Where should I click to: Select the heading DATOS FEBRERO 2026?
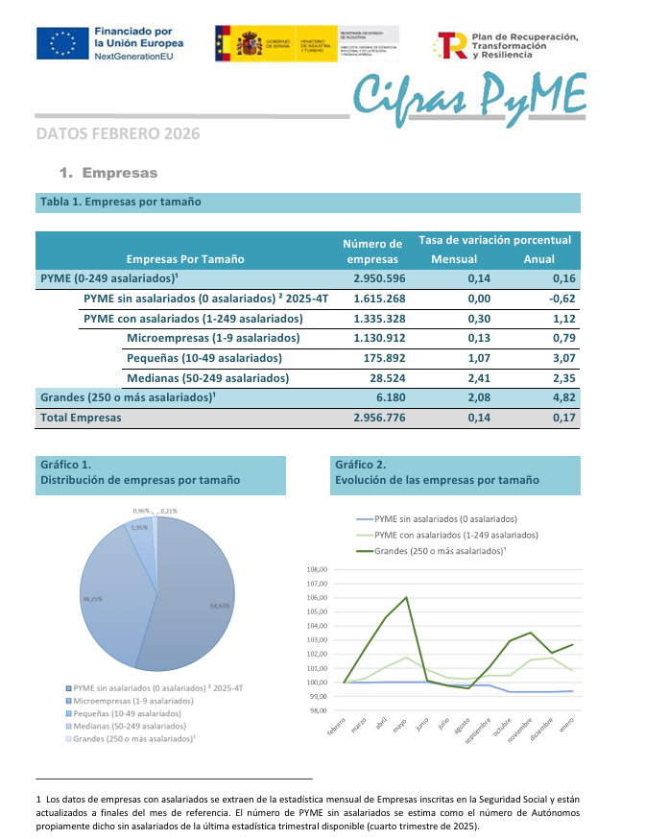pos(118,134)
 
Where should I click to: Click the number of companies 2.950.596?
pos(379,278)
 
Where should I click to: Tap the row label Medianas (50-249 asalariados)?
pos(207,378)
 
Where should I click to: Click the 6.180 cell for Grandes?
pos(389,397)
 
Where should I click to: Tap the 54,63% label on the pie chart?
pos(220,606)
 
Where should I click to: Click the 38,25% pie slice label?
pos(93,598)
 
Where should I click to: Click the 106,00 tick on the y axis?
pos(316,597)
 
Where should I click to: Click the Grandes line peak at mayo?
pos(406,598)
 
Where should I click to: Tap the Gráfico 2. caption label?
pos(361,465)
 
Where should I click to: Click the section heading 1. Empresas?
pos(107,174)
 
